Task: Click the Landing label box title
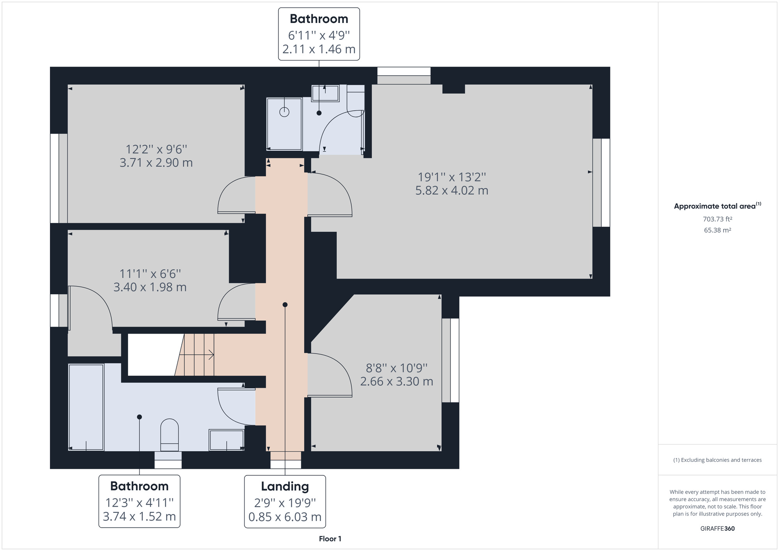[285, 486]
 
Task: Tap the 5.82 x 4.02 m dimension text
[452, 191]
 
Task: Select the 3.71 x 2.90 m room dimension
[156, 162]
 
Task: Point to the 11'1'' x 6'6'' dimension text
[150, 274]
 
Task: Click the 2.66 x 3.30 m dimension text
[396, 381]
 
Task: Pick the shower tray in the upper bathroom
[284, 124]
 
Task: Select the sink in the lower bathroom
[226, 440]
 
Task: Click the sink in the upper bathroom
[325, 94]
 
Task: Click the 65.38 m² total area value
[717, 230]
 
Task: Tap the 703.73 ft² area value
[717, 219]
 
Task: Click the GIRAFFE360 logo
[717, 529]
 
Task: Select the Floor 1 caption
[330, 539]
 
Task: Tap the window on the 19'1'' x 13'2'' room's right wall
[601, 182]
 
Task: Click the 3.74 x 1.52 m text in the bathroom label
[139, 517]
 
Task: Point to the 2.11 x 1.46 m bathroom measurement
[319, 49]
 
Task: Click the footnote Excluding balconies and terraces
[717, 460]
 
